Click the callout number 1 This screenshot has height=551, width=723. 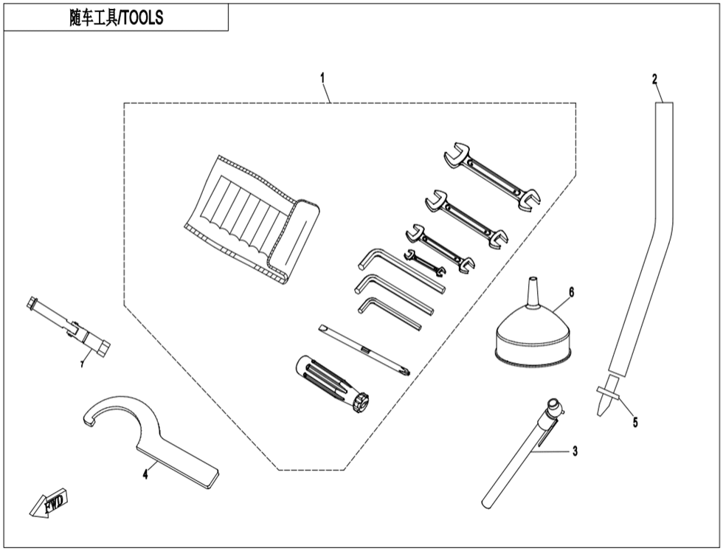(322, 77)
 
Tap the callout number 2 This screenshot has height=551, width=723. (654, 78)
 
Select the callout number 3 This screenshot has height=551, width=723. (575, 451)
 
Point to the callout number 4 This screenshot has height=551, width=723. (145, 474)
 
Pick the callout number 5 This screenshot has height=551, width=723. (634, 422)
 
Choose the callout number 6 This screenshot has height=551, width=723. (571, 292)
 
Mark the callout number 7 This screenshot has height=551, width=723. (83, 364)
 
